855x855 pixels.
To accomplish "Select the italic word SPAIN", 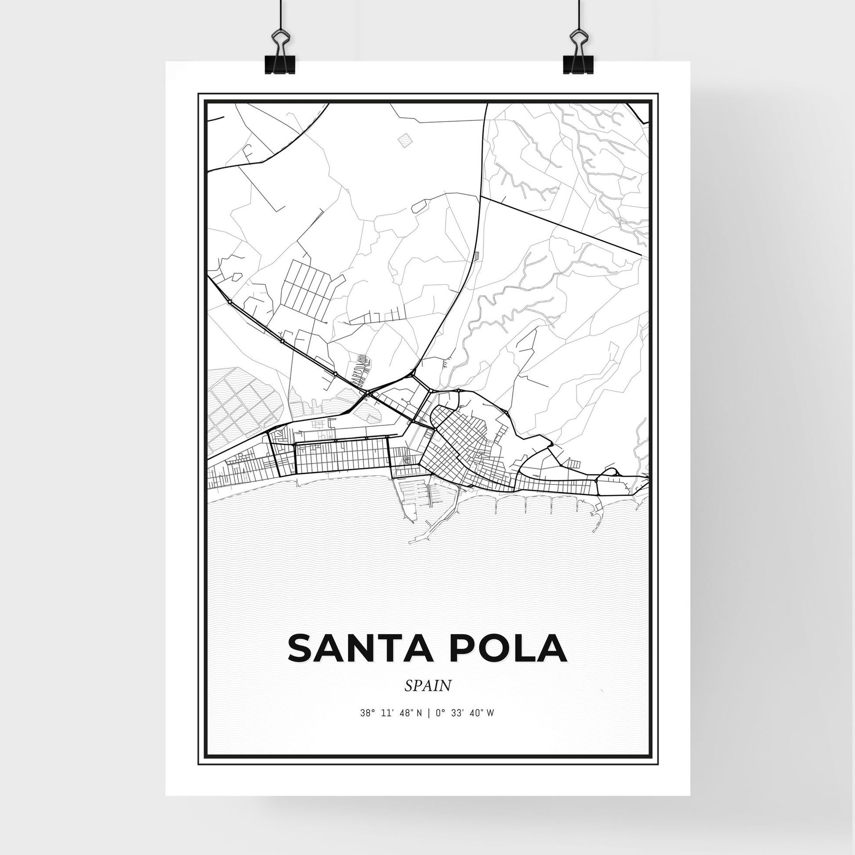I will point(427,686).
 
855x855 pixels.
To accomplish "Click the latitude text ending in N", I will point(391,713).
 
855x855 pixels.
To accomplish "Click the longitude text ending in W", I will point(465,713).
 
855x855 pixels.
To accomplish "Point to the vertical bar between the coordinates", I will point(428,713).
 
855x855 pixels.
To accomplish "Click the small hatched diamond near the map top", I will point(405,140).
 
